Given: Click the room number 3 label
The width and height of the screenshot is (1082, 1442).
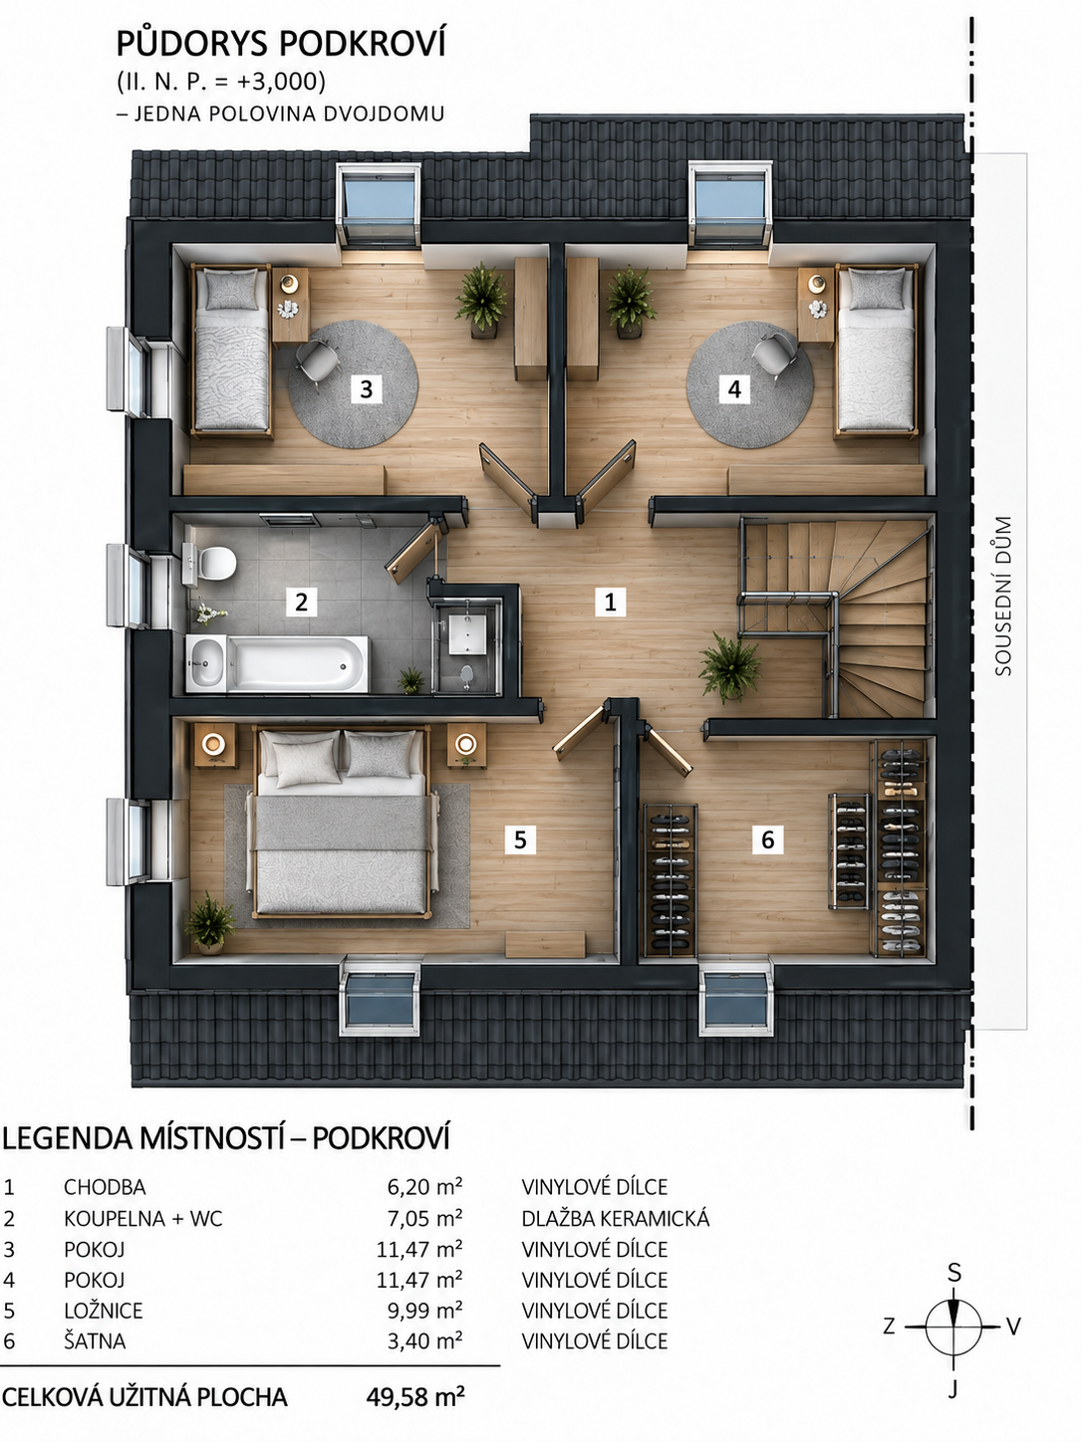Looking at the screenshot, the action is pyautogui.click(x=366, y=389).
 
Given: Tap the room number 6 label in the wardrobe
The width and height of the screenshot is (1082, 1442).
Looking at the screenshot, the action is pyautogui.click(x=767, y=840).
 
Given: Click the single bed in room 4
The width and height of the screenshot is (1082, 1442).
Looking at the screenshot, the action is pyautogui.click(x=876, y=352).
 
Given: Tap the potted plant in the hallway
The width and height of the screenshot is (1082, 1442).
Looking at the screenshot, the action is pyautogui.click(x=729, y=666).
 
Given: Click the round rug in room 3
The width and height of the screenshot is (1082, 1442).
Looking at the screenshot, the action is pyautogui.click(x=354, y=384).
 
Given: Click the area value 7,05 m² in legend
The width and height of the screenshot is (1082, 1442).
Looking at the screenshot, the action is pyautogui.click(x=424, y=1218).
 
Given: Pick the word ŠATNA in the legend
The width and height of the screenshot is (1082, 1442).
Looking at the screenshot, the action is pyautogui.click(x=95, y=1340).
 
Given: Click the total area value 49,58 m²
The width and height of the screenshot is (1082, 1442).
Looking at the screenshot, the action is pyautogui.click(x=415, y=1396).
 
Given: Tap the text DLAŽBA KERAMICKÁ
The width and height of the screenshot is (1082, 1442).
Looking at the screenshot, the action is pyautogui.click(x=616, y=1218).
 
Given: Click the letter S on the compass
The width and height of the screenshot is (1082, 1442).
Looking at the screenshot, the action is pyautogui.click(x=953, y=1273).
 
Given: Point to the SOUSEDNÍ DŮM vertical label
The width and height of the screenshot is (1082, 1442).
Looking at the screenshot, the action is pyautogui.click(x=1003, y=596).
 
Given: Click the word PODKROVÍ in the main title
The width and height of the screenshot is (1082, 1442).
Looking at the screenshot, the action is pyautogui.click(x=363, y=44).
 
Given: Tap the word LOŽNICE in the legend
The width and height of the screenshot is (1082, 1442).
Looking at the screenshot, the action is pyautogui.click(x=104, y=1310).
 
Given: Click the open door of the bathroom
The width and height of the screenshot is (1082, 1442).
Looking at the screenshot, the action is pyautogui.click(x=416, y=550).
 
